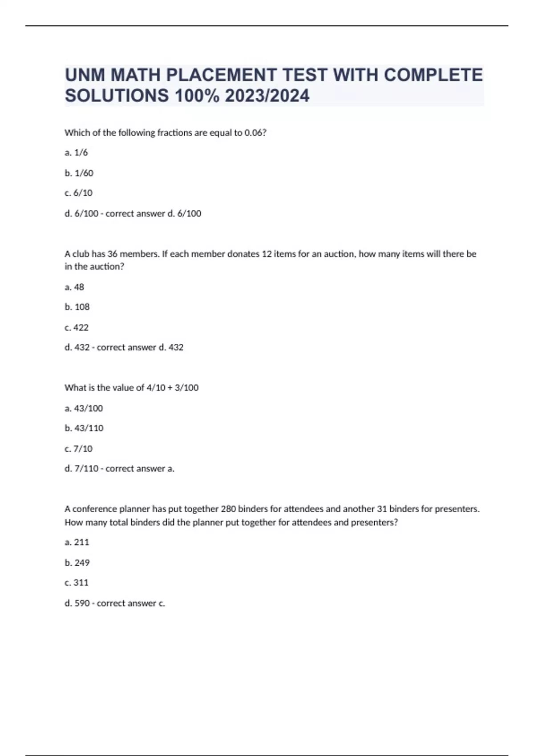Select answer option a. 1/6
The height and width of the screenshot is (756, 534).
[x=76, y=153]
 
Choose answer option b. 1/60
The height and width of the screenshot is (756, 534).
[x=79, y=173]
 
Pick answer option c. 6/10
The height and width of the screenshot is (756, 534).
[x=78, y=193]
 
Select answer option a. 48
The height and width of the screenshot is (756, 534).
[x=74, y=287]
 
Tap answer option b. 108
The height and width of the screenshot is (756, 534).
[x=77, y=307]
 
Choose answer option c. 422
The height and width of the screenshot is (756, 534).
[x=77, y=328]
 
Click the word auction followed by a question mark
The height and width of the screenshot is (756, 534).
[x=107, y=267]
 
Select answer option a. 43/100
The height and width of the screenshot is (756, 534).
[x=84, y=408]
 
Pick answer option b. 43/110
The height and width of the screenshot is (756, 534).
[x=84, y=428]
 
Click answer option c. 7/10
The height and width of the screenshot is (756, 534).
[x=78, y=449]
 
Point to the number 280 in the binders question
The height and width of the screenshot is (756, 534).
[x=228, y=509]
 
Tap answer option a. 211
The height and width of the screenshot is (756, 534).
[x=77, y=542]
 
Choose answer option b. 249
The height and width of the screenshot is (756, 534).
[x=77, y=563]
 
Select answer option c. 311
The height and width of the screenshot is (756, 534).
[x=77, y=583]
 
